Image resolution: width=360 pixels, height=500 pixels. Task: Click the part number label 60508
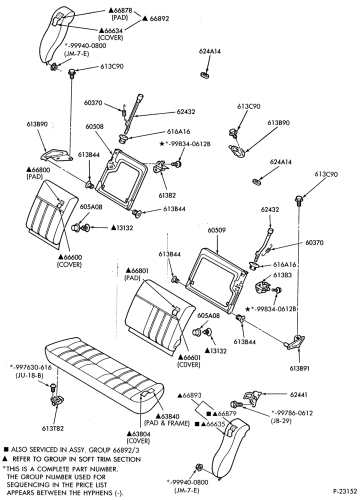coord(94,126)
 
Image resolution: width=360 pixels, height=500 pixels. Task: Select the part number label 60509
coord(217,230)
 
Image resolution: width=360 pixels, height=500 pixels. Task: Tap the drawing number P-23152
coord(345,490)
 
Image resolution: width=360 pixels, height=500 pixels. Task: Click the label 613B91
coord(299,368)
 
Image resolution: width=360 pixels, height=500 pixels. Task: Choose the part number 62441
coord(299,395)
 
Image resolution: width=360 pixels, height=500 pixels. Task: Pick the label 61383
coord(282,275)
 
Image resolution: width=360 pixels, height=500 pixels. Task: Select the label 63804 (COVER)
coord(138,437)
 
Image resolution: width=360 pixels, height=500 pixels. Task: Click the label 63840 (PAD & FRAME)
coord(167,419)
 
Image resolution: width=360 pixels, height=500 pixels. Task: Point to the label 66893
coord(189,395)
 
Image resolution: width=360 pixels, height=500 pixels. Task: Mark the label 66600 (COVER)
coord(69,260)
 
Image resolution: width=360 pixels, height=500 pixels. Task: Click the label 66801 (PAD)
coord(137,274)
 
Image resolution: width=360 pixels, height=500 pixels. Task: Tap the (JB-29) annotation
coord(281,420)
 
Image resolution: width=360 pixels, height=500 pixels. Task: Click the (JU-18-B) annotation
coord(29,375)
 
